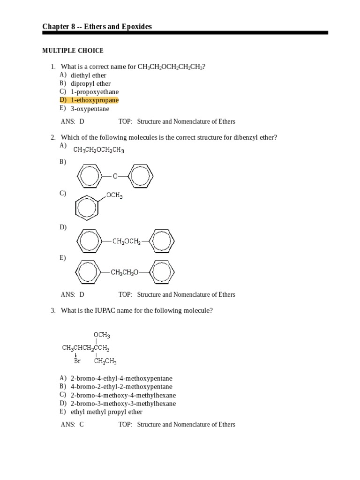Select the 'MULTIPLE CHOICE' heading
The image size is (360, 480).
(x=73, y=51)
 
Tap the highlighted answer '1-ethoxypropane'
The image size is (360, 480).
(x=94, y=100)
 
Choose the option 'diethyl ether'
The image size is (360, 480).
(x=88, y=75)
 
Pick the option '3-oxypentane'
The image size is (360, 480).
(x=90, y=109)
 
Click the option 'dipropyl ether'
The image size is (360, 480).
(x=90, y=83)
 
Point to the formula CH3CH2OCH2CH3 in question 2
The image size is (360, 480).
(x=98, y=150)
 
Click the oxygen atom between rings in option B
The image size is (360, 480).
(x=115, y=176)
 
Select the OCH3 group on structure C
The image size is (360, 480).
(x=114, y=195)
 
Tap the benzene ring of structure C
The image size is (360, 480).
(x=87, y=208)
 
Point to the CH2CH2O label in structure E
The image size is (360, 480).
(x=125, y=271)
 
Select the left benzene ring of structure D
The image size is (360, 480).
(x=89, y=241)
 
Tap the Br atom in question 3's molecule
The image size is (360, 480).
(x=77, y=361)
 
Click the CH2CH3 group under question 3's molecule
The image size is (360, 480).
(x=105, y=361)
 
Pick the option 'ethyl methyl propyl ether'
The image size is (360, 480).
(x=106, y=412)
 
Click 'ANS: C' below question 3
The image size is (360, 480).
(x=72, y=425)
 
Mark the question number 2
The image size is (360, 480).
(x=53, y=137)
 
